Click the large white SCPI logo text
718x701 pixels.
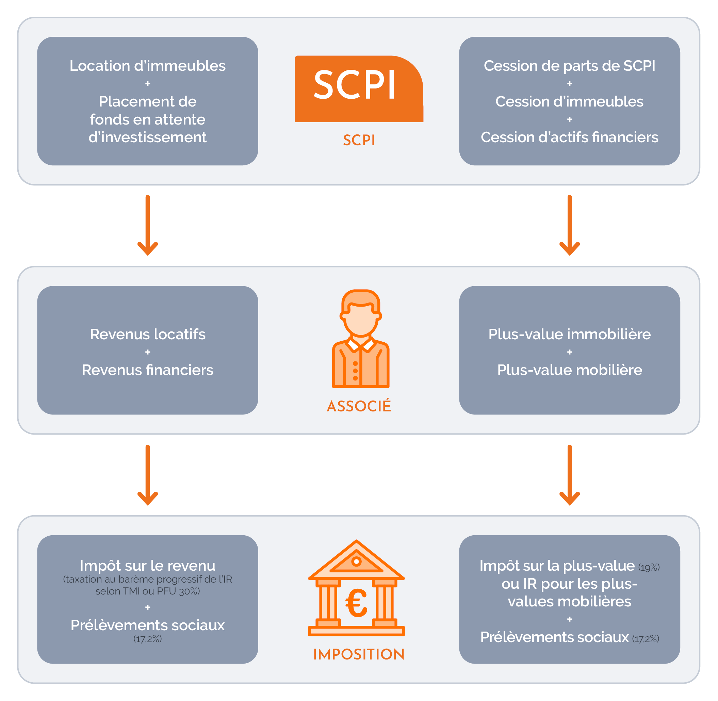[x=354, y=85]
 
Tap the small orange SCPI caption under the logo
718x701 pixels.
[x=359, y=140]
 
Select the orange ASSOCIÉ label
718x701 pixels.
[x=359, y=406]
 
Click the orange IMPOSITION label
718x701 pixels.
[x=359, y=655]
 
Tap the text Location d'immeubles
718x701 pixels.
[x=147, y=66]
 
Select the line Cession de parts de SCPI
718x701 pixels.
[x=569, y=66]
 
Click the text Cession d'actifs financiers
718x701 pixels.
[x=569, y=137]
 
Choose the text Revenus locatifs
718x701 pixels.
[x=147, y=334]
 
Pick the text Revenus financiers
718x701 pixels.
[x=147, y=370]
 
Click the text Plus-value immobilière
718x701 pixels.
[x=569, y=334]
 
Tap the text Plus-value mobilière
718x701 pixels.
[x=569, y=370]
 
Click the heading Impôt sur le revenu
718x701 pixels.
[x=147, y=566]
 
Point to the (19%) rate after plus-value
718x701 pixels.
[x=649, y=568]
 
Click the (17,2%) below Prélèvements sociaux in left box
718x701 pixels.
[x=147, y=639]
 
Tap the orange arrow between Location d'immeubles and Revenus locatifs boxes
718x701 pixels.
[x=147, y=225]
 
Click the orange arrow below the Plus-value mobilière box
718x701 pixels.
[x=569, y=475]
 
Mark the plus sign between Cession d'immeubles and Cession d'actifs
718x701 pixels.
[x=570, y=119]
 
